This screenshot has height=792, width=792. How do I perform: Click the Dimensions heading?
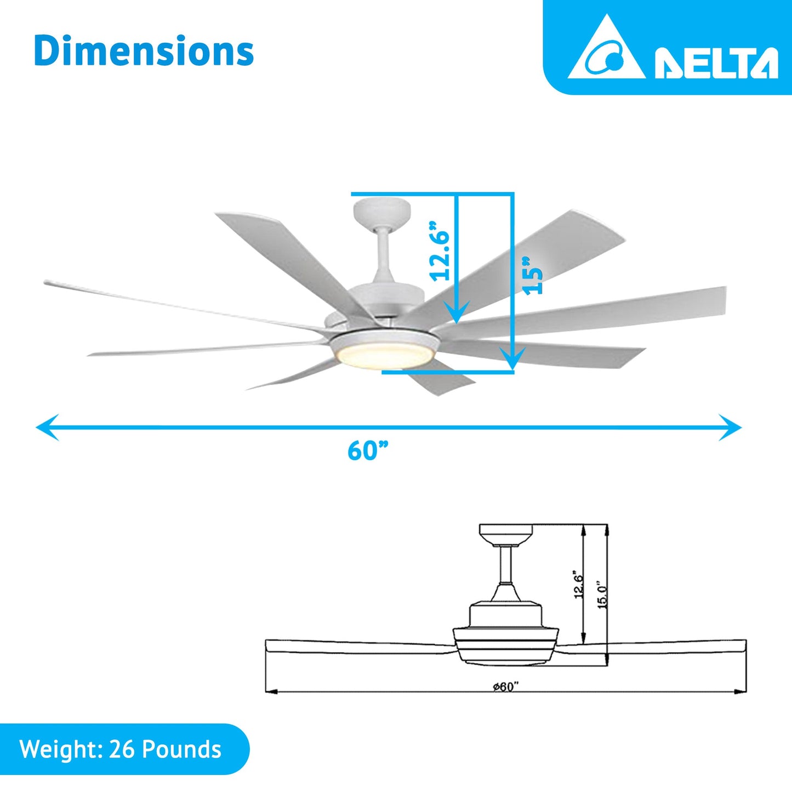pyautogui.click(x=144, y=52)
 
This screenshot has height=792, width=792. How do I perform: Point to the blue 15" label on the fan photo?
pyautogui.click(x=532, y=276)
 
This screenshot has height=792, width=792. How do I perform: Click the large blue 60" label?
pyautogui.click(x=368, y=451)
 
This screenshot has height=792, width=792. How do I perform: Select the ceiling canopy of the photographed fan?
pyautogui.click(x=381, y=212)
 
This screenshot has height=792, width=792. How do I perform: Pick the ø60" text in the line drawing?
pyautogui.click(x=505, y=687)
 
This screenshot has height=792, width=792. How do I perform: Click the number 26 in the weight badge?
pyautogui.click(x=121, y=749)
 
